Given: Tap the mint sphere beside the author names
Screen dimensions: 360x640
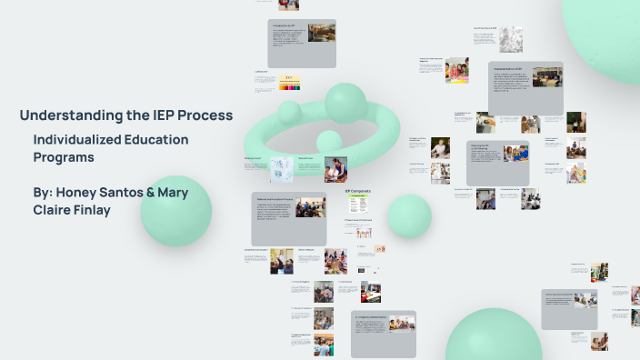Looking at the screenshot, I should [x=176, y=211].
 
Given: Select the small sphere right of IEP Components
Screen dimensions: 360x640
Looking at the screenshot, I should [x=409, y=215].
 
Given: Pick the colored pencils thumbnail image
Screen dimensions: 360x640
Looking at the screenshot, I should [x=290, y=84].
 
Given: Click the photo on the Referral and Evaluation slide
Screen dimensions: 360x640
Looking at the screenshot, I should [x=310, y=207].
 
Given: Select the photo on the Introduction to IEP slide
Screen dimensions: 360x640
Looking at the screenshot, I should [x=321, y=33].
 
